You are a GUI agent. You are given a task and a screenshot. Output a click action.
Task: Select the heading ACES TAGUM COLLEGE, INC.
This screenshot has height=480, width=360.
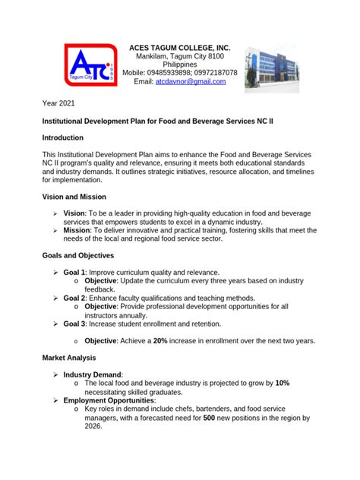(179, 47)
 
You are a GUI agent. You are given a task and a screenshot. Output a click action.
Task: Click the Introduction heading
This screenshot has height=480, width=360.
(68, 137)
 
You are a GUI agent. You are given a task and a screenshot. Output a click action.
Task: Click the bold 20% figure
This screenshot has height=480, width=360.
(160, 341)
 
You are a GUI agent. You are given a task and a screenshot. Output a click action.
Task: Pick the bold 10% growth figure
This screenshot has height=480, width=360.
(283, 383)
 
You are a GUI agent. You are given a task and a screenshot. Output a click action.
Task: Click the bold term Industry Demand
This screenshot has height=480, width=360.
(93, 374)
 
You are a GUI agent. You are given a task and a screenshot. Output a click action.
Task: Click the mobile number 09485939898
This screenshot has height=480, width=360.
(168, 73)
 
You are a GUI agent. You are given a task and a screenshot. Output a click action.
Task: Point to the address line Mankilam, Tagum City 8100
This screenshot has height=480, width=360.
(179, 56)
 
